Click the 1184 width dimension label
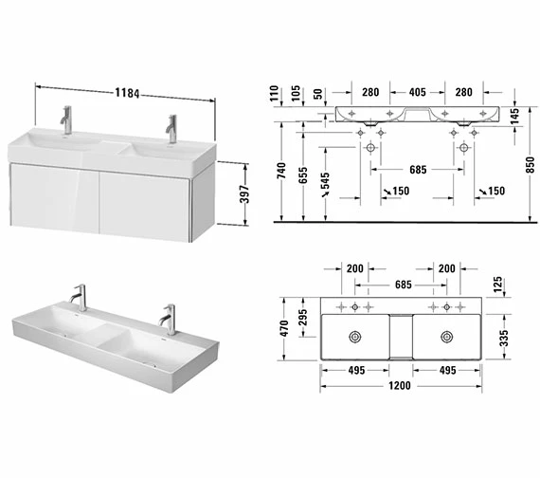pos(127,92)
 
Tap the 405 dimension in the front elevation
pos(418,92)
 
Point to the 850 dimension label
pos(531,164)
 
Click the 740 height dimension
pos(281,171)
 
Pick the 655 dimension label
pos(303,175)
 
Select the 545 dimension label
pos(325,181)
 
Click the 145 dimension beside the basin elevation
pos(514,117)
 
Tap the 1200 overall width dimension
pos(400,385)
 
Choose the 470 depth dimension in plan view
pos(284,329)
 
